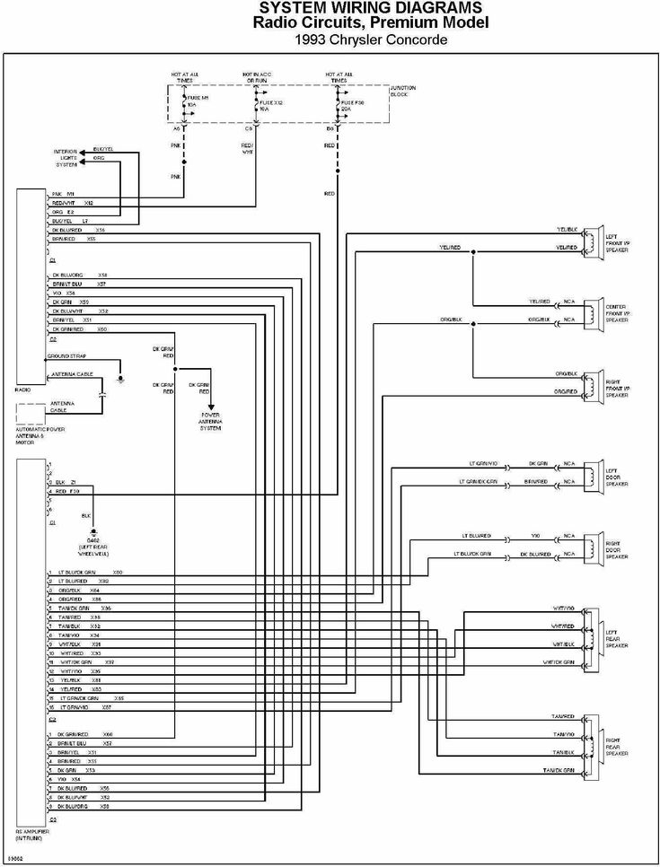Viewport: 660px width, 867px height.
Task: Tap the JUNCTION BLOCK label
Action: click(403, 92)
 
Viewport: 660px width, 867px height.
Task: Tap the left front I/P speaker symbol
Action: click(590, 238)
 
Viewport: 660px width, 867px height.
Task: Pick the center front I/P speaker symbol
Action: click(590, 311)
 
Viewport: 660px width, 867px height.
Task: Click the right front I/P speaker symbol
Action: click(590, 383)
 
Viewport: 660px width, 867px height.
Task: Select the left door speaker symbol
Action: click(590, 473)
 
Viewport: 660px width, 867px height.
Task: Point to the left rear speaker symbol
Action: click(590, 635)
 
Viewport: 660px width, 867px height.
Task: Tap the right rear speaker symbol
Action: click(590, 743)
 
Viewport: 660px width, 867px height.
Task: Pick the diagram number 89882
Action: click(15, 859)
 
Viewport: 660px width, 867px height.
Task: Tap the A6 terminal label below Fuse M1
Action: click(176, 129)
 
